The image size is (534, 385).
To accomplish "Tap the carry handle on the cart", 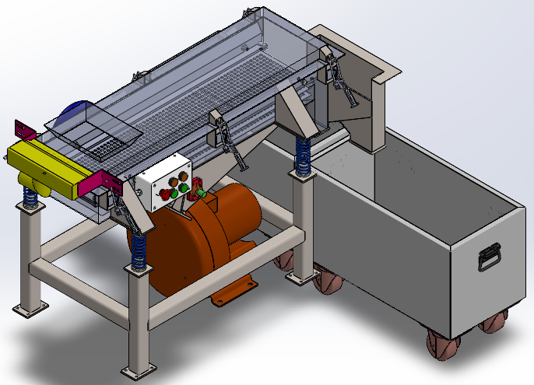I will click(x=488, y=256).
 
